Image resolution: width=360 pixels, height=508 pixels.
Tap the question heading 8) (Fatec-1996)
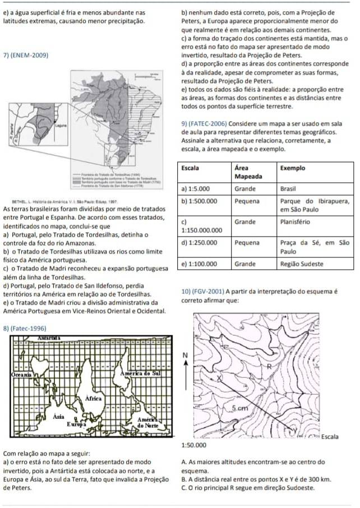pyautogui.click(x=25, y=327)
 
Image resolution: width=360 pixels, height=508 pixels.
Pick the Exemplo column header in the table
pyautogui.click(x=292, y=168)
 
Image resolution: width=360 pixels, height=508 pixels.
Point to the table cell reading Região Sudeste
pyautogui.click(x=302, y=263)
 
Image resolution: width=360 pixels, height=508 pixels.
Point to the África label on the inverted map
pyautogui.click(x=94, y=398)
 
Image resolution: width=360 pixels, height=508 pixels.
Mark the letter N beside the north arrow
pyautogui.click(x=184, y=356)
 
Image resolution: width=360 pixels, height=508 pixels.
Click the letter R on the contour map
pyautogui.click(x=269, y=367)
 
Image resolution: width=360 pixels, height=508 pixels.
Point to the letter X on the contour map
pyautogui.click(x=219, y=380)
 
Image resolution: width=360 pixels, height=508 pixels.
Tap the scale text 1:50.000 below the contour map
pyautogui.click(x=194, y=444)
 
